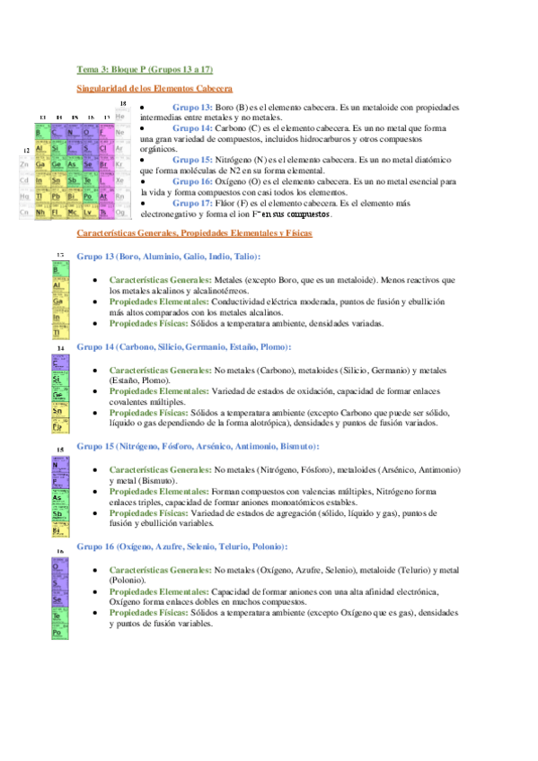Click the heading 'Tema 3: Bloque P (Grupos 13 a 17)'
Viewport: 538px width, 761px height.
click(x=145, y=69)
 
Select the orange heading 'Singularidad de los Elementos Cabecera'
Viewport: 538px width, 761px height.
click(x=154, y=90)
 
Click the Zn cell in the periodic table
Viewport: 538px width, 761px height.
click(x=25, y=165)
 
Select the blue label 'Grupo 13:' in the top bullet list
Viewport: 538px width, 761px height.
click(x=192, y=107)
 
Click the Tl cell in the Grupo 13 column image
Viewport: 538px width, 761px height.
click(x=57, y=331)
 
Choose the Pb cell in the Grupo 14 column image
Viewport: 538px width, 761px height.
click(x=57, y=426)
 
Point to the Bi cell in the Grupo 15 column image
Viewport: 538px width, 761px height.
click(x=57, y=530)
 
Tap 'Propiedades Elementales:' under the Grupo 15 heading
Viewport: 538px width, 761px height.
click(x=158, y=491)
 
